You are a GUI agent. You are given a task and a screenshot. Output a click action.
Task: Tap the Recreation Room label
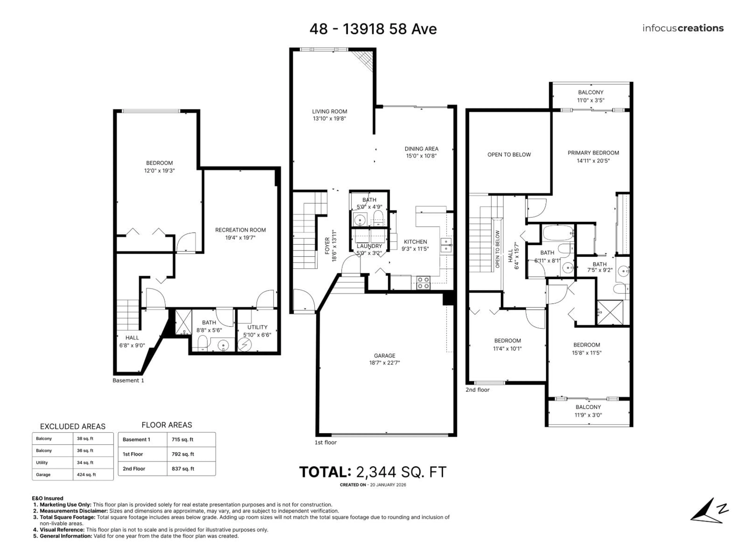tap(241, 230)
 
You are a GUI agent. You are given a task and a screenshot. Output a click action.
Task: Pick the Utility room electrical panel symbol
tap(245, 344)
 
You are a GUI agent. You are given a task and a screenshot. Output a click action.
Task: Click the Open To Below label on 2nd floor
tap(509, 155)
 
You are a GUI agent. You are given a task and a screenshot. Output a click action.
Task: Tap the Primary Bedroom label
tap(593, 153)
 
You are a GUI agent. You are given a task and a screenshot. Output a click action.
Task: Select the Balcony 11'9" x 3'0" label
tap(588, 411)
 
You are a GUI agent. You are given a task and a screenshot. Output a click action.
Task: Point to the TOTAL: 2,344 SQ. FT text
tap(373, 472)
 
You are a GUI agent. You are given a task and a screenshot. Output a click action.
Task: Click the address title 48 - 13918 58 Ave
tap(373, 29)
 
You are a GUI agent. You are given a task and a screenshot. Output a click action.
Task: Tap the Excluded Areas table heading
tap(72, 426)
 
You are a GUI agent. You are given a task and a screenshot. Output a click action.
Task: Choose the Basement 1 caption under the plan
tap(128, 380)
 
